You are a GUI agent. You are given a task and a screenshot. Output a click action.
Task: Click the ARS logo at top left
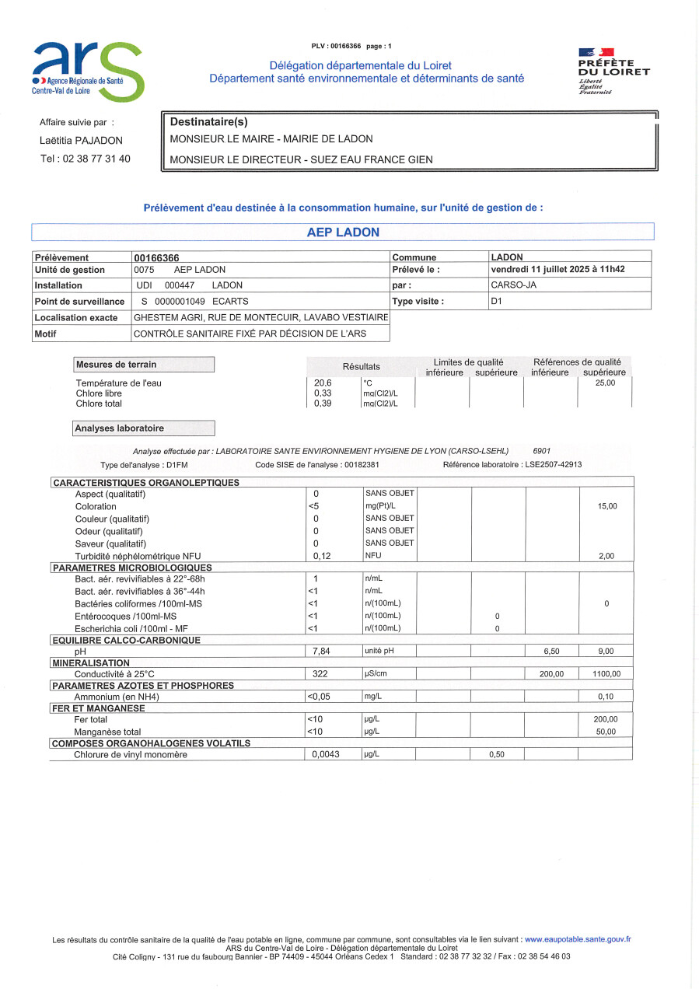point(88,72)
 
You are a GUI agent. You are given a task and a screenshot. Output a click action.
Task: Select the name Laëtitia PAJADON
point(81,141)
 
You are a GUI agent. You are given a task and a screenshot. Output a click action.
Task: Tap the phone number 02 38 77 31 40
point(86,159)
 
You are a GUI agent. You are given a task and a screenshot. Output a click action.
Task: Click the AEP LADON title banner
point(343,232)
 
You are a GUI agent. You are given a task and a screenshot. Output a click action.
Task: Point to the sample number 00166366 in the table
point(157,257)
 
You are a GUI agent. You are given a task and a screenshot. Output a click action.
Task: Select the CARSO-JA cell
point(514,285)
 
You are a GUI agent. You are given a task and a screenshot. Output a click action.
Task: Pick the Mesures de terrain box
point(144,365)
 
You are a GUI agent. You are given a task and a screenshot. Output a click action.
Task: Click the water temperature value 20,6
point(323,383)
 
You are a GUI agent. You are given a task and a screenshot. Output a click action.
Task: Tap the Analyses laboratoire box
point(144,428)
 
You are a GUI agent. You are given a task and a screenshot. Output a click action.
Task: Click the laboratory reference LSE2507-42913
point(542,465)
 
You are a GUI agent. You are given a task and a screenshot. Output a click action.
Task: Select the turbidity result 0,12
point(322,556)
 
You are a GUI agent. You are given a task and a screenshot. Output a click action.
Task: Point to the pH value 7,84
point(322,652)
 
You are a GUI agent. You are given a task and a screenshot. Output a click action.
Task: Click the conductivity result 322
point(321,674)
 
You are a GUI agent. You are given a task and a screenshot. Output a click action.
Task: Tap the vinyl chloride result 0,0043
point(326,755)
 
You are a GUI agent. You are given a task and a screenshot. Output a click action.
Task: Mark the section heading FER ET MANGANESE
point(98,708)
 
